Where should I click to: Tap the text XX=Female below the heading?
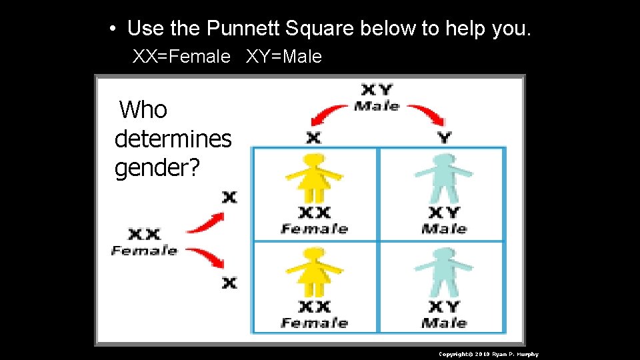pos(181,57)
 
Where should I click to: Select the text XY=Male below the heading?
pos(284,57)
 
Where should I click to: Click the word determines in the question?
pos(173,139)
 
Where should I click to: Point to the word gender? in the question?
pos(157,168)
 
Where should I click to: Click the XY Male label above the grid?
pos(377,97)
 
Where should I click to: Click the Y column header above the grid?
pos(445,137)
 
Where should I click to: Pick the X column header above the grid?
pos(313,137)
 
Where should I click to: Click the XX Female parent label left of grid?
pos(145,242)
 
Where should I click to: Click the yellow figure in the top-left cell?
pos(314,178)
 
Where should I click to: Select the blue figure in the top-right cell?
pos(444,178)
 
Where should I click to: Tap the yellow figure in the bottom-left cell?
pos(314,271)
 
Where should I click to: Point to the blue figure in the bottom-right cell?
pos(444,271)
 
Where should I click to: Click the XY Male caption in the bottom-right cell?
pos(444,315)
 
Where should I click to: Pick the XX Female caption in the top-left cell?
pos(314,221)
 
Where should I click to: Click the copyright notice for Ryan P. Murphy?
pos(488,354)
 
